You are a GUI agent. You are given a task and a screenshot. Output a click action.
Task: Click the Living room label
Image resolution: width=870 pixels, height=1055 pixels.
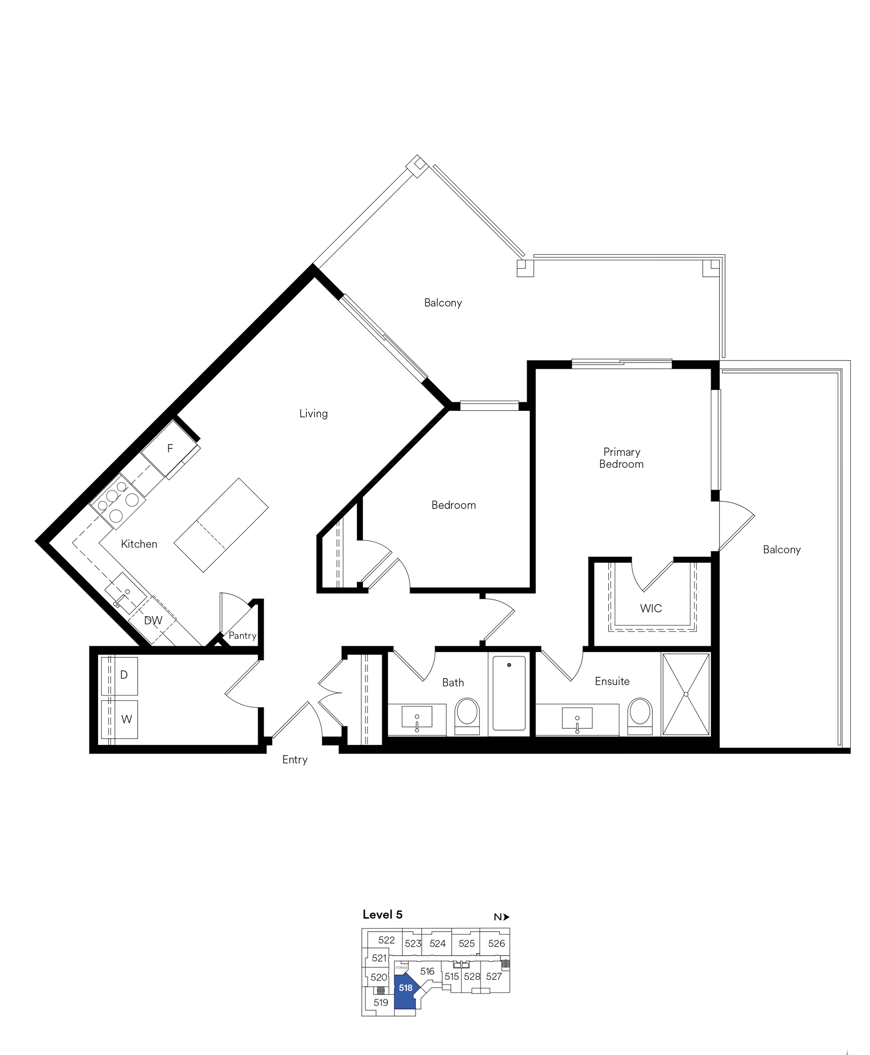(313, 413)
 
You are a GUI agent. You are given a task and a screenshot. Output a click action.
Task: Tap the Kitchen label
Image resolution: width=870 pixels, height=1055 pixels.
(139, 544)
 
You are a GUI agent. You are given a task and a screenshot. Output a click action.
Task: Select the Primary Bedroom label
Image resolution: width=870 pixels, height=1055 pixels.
(621, 458)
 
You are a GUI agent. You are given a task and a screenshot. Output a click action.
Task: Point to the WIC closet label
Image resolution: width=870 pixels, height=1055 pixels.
(651, 608)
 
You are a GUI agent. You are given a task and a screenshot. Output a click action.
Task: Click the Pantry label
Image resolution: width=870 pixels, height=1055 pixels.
(243, 635)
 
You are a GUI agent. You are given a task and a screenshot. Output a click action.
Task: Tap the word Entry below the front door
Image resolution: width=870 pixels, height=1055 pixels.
(295, 759)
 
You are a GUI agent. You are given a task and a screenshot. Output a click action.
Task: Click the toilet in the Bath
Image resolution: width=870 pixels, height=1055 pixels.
(467, 716)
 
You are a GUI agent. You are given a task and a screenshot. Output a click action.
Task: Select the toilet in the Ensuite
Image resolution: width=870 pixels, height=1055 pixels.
(640, 716)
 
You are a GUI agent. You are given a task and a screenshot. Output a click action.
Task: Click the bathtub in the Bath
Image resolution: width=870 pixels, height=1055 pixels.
(509, 693)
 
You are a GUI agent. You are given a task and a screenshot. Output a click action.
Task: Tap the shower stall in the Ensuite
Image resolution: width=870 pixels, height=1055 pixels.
(685, 694)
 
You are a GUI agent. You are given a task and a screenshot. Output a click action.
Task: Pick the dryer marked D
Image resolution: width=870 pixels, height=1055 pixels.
(119, 676)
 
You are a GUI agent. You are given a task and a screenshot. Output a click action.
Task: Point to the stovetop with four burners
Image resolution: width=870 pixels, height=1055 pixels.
(118, 501)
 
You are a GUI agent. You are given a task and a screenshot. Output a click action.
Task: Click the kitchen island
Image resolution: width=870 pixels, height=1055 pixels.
(221, 525)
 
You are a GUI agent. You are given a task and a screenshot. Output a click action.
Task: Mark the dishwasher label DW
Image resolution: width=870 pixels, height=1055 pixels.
(153, 620)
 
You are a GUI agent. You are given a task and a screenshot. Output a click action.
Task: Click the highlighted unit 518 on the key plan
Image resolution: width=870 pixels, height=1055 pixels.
(405, 988)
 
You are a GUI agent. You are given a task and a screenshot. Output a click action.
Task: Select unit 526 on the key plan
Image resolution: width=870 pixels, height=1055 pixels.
(496, 943)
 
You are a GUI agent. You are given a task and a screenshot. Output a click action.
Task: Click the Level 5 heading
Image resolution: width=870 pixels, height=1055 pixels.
(383, 915)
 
